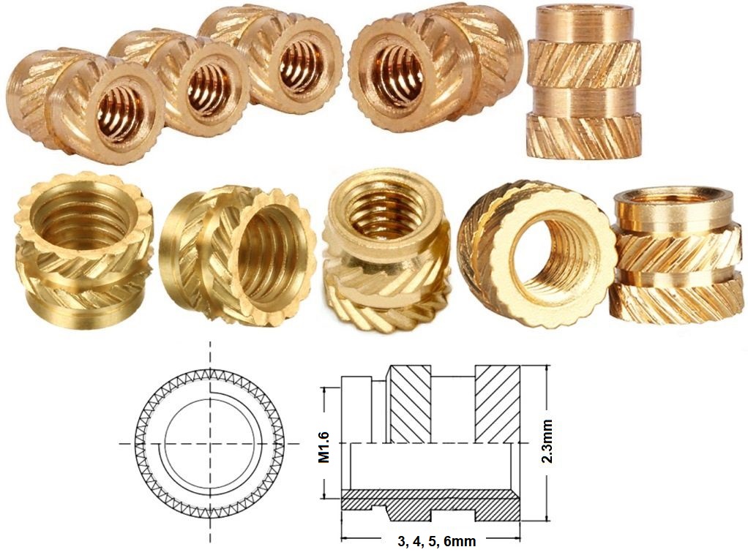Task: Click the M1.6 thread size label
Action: pyautogui.click(x=325, y=445)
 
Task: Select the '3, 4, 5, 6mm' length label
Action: pyautogui.click(x=436, y=542)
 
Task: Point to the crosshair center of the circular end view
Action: pyautogui.click(x=209, y=444)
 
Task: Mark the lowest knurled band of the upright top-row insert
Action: pyautogui.click(x=583, y=135)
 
